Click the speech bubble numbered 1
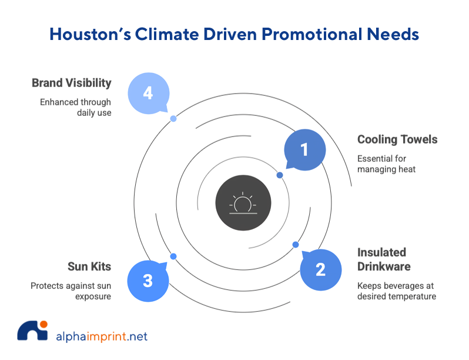304,150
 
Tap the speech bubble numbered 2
320,270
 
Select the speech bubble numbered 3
148,281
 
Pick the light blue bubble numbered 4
148,93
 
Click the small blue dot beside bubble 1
280,175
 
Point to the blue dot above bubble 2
296,244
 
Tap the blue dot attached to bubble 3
173,256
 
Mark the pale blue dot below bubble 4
173,118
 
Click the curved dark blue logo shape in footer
26,335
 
